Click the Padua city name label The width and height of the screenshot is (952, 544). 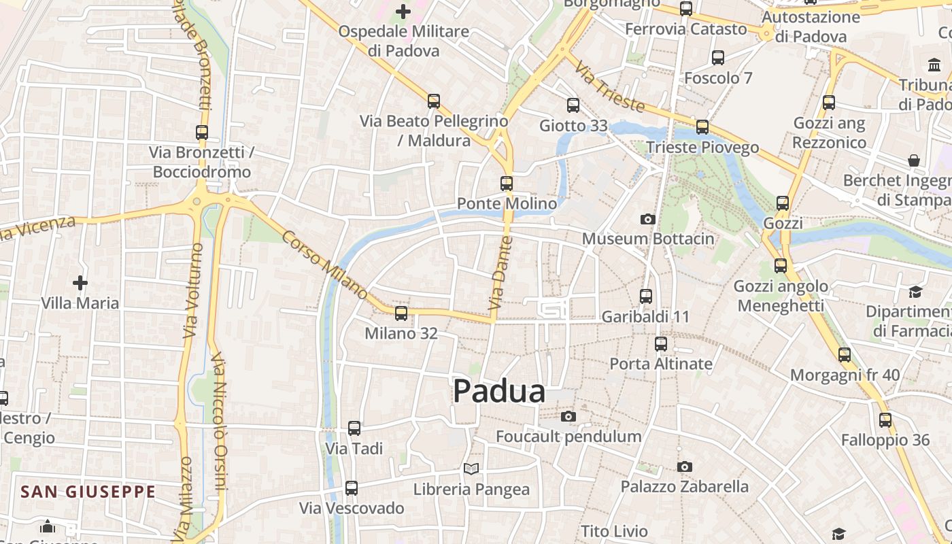[499, 392]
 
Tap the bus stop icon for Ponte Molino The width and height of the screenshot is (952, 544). [507, 184]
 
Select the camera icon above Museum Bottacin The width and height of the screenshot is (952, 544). [647, 219]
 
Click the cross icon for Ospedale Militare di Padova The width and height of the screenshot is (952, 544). [403, 12]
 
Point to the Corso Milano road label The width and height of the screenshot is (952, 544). [324, 266]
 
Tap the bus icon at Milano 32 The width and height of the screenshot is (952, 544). [401, 313]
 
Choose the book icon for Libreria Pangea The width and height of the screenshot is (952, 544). [471, 469]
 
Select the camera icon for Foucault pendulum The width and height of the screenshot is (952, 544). [568, 416]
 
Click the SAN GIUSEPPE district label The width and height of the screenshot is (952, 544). [88, 492]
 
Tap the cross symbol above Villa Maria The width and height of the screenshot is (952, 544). [80, 282]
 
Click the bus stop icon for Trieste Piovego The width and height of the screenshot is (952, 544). [702, 127]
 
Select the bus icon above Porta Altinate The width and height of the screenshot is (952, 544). [661, 344]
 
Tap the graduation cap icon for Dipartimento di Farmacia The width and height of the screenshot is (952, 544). [915, 292]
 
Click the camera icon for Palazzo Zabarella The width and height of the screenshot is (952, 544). [685, 466]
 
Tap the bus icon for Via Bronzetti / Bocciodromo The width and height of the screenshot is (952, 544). [202, 133]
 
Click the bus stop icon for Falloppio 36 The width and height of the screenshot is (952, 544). [885, 420]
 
